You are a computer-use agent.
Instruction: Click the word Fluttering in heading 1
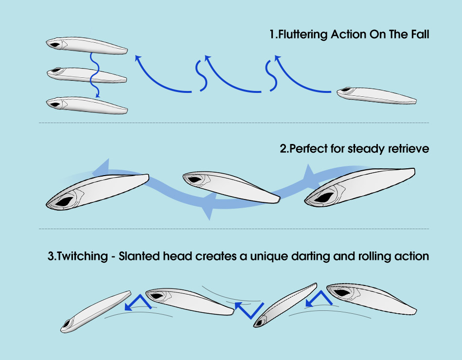303,35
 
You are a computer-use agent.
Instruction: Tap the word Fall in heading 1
420,35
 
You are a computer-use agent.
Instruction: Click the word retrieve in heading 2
409,148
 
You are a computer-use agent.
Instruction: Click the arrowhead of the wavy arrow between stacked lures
97,95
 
